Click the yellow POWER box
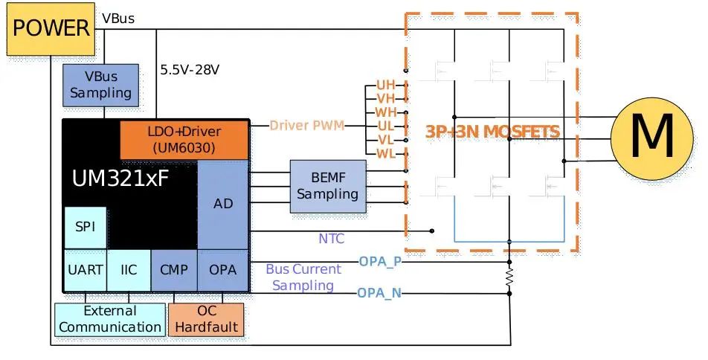point(51,29)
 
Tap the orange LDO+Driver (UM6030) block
point(184,139)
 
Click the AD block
point(222,204)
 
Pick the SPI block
point(85,228)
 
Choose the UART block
point(85,269)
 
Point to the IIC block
point(129,269)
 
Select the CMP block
point(174,269)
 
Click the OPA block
point(222,269)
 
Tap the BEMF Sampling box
point(327,185)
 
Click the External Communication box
point(109,318)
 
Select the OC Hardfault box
point(206,318)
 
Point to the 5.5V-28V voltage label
point(190,70)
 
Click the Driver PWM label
point(306,126)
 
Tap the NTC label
point(331,239)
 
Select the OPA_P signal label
point(380,261)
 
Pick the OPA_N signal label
point(380,293)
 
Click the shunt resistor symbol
point(509,277)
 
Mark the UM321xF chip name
point(122,179)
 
